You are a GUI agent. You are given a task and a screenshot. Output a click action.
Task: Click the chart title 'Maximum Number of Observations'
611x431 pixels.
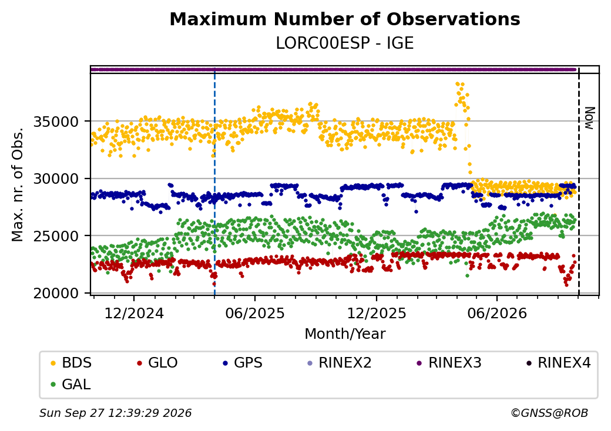[345, 19]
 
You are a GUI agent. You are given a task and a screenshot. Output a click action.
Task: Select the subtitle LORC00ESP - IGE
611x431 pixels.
[345, 43]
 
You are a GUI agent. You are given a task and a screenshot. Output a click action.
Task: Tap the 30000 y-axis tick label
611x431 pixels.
[56, 179]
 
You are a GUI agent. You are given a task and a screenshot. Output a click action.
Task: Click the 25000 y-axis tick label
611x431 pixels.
[56, 236]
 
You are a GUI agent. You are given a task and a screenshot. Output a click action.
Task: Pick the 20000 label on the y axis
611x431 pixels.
[56, 293]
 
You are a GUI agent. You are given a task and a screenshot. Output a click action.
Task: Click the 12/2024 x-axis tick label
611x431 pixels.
[134, 313]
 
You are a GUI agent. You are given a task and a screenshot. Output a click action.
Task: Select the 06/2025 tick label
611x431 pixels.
[255, 313]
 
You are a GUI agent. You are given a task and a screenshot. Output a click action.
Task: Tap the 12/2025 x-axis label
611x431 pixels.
[377, 313]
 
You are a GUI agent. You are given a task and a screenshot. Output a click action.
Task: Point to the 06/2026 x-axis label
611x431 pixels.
[497, 313]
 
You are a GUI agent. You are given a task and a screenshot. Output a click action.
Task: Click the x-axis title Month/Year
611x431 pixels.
[345, 334]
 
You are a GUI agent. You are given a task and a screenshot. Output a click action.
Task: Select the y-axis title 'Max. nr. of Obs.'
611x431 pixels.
[18, 184]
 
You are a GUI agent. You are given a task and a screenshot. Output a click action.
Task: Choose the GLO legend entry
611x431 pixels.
[157, 363]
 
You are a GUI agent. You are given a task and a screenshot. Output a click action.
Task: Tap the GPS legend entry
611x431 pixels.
[243, 363]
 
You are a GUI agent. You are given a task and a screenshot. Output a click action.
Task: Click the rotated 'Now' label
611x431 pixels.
[590, 119]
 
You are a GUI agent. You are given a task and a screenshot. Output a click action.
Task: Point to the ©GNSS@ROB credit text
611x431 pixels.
[549, 413]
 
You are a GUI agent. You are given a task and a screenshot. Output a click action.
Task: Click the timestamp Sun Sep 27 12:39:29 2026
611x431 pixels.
[116, 413]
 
